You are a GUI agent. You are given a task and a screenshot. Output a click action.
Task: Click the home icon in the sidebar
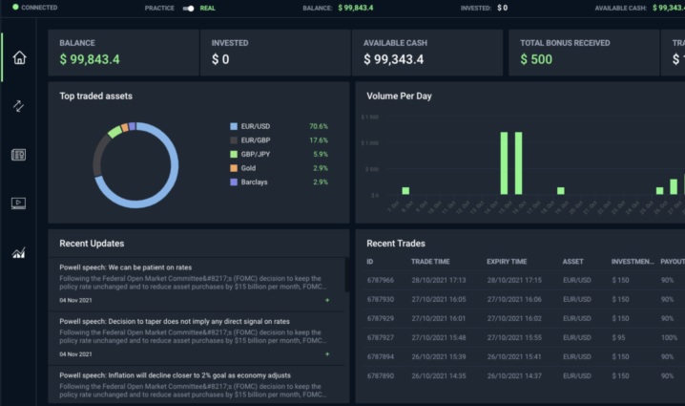[x=19, y=57]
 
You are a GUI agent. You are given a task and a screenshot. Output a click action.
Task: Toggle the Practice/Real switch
[x=189, y=8]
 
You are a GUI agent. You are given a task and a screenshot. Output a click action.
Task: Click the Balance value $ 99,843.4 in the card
[x=90, y=59]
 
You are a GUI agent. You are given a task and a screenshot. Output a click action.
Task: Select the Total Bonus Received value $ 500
[x=536, y=59]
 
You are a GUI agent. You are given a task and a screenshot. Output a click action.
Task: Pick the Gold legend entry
[x=249, y=167]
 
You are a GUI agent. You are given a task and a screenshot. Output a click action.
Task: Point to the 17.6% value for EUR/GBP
[x=318, y=139]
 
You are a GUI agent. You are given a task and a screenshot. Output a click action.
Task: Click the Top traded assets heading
[x=95, y=96]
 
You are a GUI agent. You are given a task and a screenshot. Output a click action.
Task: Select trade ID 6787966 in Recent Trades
[x=381, y=280]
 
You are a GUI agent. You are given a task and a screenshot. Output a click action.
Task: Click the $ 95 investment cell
[x=620, y=336]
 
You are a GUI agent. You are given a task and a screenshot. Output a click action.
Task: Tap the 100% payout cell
[x=670, y=336]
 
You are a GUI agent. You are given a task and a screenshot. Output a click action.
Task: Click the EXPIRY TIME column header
[x=507, y=261]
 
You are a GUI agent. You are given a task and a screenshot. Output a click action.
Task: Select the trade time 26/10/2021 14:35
[x=439, y=374]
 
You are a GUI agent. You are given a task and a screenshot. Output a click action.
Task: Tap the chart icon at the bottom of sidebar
[x=19, y=252]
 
